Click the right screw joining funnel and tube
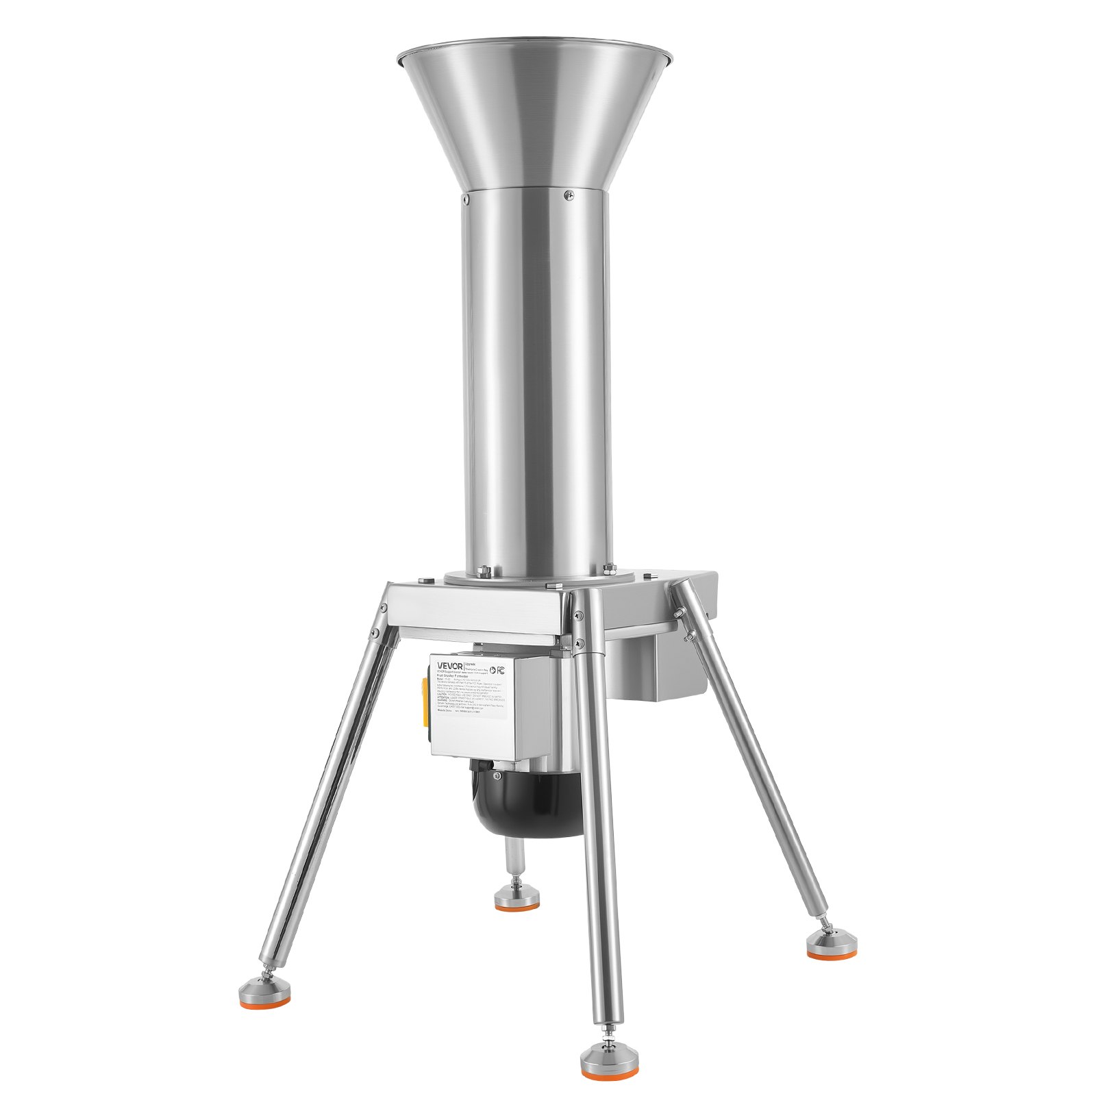pos(568,196)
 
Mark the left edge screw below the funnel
pos(464,199)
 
